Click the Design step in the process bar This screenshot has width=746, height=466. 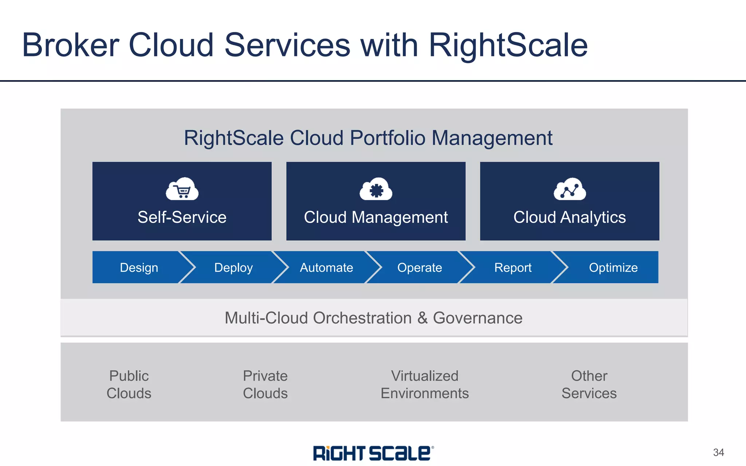(139, 268)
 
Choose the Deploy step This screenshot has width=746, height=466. (233, 268)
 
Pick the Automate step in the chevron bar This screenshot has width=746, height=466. (326, 268)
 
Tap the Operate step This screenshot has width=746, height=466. (420, 268)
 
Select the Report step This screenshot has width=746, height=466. (513, 268)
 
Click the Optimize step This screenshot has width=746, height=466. (613, 268)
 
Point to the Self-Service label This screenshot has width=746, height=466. (182, 217)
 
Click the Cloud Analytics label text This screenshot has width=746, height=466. (570, 217)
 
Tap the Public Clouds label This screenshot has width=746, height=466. (129, 384)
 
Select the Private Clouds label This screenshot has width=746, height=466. (265, 384)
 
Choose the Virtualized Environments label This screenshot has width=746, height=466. (425, 384)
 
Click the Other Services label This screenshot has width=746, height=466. (589, 384)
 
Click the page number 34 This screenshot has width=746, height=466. (718, 453)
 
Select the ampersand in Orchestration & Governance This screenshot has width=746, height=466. (423, 318)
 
